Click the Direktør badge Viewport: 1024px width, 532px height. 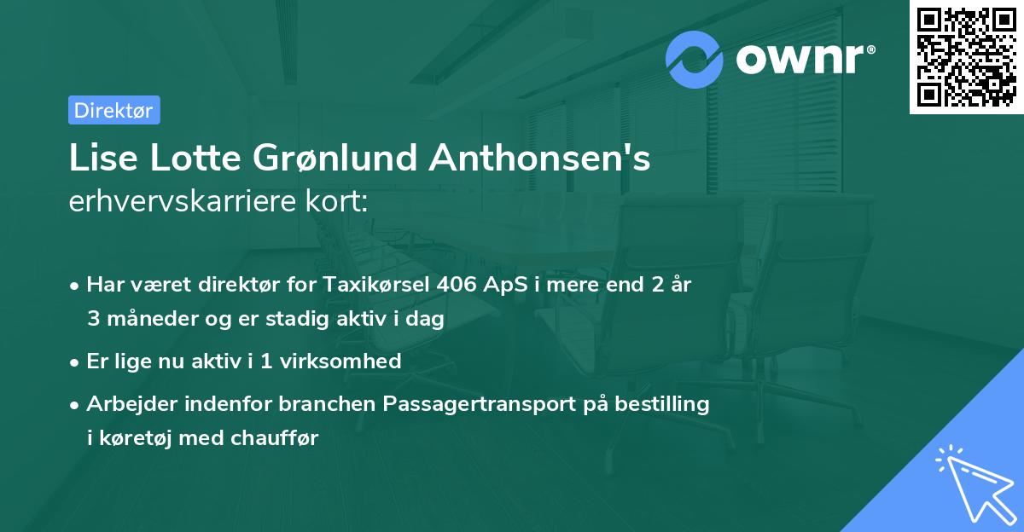pos(113,110)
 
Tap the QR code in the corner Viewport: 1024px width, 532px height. pos(965,56)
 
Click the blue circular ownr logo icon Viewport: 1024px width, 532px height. pos(695,59)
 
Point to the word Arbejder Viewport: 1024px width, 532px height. pos(126,403)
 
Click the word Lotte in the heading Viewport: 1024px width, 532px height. pos(199,159)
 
